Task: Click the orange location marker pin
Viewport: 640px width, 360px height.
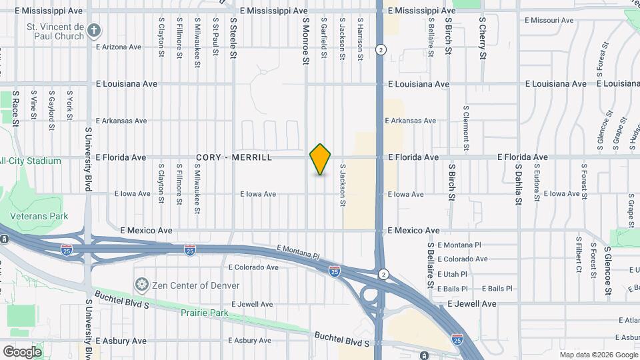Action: (321, 159)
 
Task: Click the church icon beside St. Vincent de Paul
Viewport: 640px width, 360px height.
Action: (95, 30)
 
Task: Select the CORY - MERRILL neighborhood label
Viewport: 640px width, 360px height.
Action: (234, 157)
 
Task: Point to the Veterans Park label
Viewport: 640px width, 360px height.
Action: (39, 216)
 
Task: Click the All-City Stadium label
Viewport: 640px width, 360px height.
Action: (31, 161)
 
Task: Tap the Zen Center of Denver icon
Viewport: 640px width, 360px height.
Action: (141, 285)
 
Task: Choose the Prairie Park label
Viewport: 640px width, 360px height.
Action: (205, 313)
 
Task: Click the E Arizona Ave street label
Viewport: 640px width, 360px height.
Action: (119, 47)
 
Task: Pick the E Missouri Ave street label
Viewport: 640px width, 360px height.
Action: (548, 21)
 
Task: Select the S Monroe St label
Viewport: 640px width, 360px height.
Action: (306, 41)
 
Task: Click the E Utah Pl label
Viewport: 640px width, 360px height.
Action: (453, 274)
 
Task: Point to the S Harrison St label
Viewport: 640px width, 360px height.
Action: (359, 39)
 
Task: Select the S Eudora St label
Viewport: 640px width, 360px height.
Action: (536, 181)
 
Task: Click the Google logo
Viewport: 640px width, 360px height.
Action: (22, 352)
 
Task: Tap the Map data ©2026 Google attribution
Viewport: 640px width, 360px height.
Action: (598, 355)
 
